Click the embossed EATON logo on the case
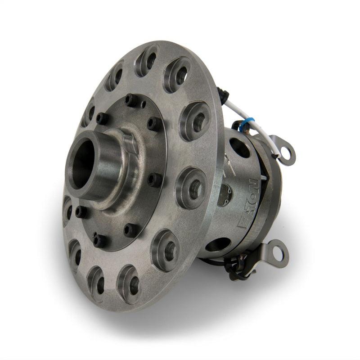tap(248, 205)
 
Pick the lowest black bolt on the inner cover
tap(100, 241)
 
